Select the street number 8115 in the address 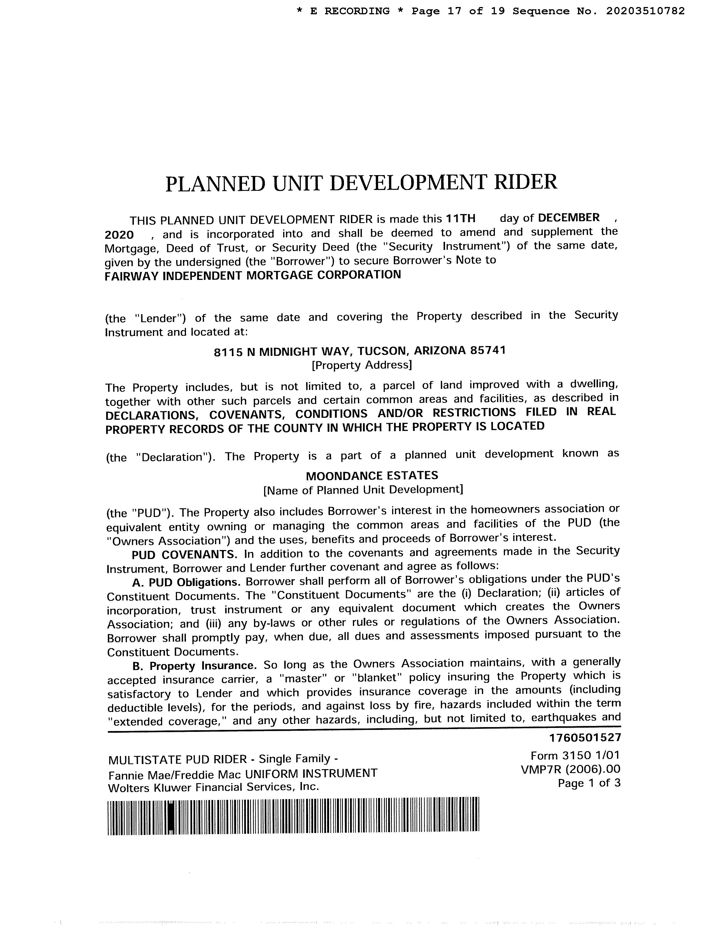[x=229, y=352]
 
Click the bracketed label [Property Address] [x=362, y=365]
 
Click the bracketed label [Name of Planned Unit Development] [x=363, y=490]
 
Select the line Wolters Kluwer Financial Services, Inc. [x=213, y=787]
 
